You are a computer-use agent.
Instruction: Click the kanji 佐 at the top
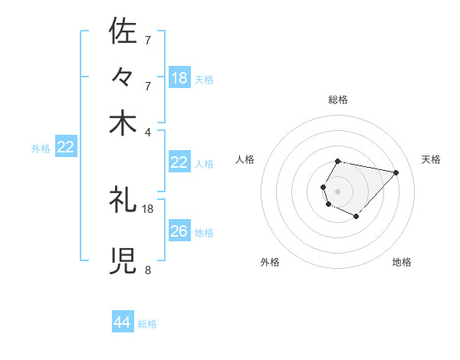coord(123,31)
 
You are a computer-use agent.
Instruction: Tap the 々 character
coord(123,77)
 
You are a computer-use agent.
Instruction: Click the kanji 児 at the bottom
coord(123,261)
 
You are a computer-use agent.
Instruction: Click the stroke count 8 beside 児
coord(147,270)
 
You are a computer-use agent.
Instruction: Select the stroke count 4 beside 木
coord(147,131)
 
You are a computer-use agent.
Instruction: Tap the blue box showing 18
coord(179,78)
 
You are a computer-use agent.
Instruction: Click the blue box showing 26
coord(179,231)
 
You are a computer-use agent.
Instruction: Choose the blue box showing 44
coord(123,322)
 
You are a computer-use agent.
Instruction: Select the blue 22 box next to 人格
coord(179,162)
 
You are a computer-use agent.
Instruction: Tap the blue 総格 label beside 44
coord(147,324)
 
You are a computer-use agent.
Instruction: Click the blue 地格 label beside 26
coord(204,233)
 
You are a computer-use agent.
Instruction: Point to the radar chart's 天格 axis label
coord(431,159)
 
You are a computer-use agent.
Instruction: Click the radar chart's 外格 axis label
coord(270,262)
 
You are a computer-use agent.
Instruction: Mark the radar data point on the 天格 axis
coord(396,172)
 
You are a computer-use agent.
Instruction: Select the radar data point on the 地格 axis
coord(356,217)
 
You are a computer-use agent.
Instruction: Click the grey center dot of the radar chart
coord(338,191)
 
